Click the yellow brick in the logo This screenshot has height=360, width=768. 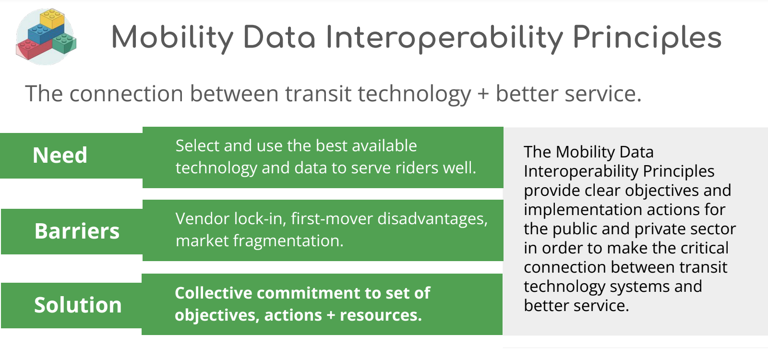point(52,19)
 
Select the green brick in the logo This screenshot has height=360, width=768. point(64,44)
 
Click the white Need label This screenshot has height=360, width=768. point(60,156)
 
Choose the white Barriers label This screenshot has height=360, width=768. point(77,231)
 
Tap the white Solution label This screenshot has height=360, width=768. point(78,305)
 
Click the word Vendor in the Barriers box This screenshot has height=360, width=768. point(202,219)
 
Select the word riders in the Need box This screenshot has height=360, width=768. point(396,168)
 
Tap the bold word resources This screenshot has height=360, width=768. point(381,315)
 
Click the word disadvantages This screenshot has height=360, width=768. point(432,219)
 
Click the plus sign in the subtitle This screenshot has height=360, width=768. point(483,94)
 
